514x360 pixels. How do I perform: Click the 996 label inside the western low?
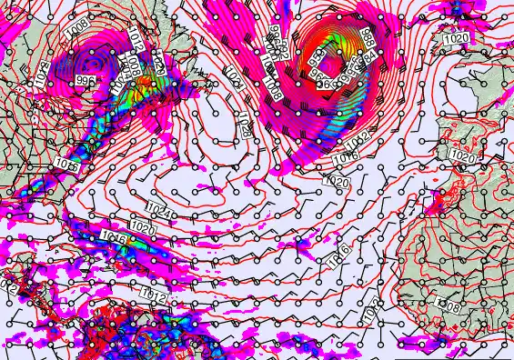[x=86, y=81]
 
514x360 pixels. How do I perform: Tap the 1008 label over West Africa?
[x=448, y=307]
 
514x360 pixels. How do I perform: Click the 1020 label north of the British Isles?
[x=456, y=39]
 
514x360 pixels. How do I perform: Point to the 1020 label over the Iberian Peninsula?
[x=463, y=155]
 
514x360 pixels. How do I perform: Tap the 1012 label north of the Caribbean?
[x=154, y=293]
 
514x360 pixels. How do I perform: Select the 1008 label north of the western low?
[x=78, y=29]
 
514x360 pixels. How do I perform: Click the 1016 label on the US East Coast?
[x=66, y=164]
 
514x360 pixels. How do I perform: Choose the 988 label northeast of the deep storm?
[x=368, y=38]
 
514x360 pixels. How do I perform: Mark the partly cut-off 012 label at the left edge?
[x=8, y=286]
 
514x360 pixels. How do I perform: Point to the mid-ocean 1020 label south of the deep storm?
[x=337, y=183]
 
